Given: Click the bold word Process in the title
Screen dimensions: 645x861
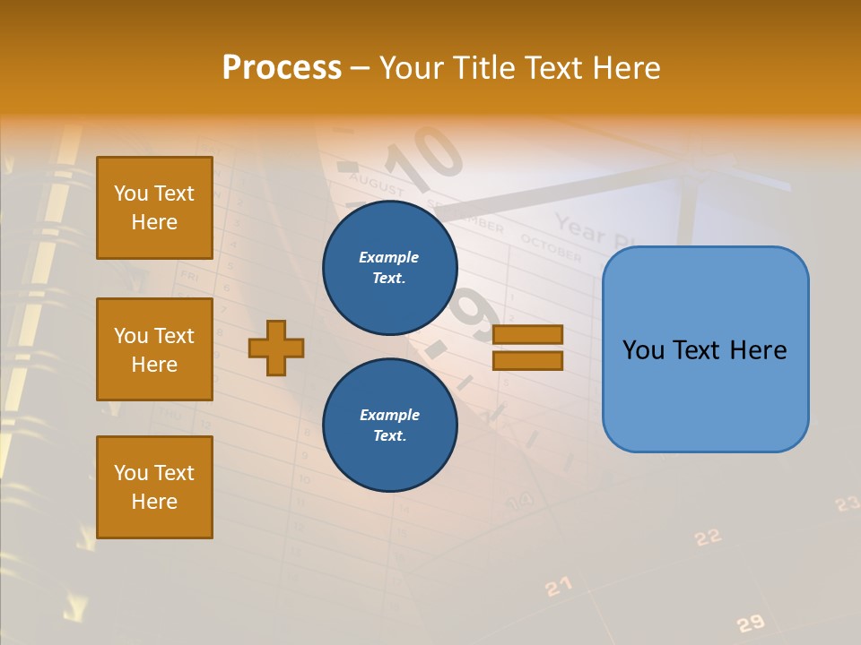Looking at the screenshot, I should (282, 68).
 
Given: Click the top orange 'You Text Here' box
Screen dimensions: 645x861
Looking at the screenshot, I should (154, 208).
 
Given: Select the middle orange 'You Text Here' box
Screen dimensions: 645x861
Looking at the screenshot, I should (154, 349).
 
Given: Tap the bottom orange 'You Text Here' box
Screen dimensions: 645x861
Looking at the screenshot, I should (154, 487).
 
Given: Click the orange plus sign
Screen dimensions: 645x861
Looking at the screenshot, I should (276, 348).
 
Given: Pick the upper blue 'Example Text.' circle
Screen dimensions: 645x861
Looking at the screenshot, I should (390, 268).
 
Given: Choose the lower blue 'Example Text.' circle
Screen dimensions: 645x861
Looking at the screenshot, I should (390, 425).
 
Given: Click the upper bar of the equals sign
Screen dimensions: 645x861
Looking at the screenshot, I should (527, 334).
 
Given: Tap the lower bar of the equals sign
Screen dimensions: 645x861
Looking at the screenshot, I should (527, 360).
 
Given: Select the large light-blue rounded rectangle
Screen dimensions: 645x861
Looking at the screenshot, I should (705, 349).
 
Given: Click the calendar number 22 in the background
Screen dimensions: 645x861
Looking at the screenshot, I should (708, 537).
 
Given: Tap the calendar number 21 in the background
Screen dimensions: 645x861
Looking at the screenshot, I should (559, 587).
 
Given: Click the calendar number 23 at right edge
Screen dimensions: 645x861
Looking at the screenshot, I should (848, 504).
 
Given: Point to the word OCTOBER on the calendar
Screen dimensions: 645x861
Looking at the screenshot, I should (551, 248).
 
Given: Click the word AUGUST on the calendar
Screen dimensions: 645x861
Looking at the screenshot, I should (377, 184).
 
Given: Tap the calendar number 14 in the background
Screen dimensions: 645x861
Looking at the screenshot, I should (520, 501).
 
